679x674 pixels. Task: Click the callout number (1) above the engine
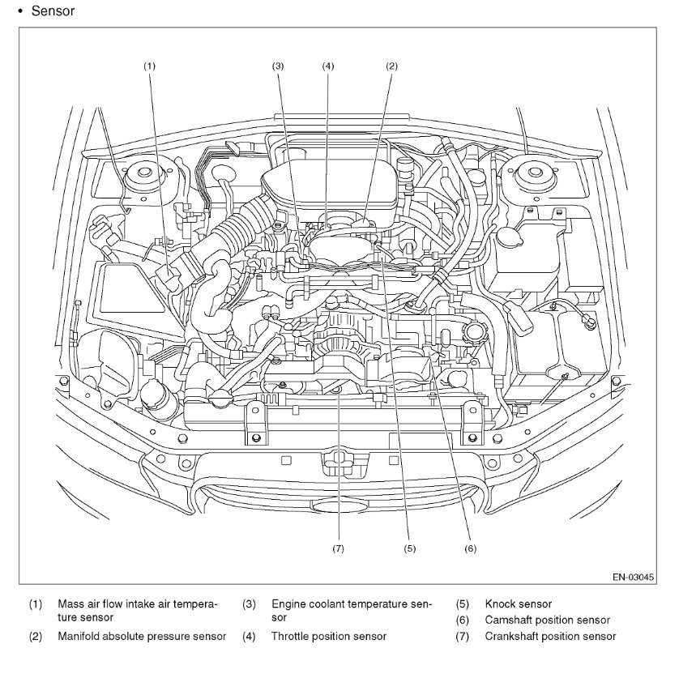pyautogui.click(x=149, y=65)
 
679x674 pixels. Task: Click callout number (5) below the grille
pyautogui.click(x=410, y=548)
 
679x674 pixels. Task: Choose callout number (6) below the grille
pyautogui.click(x=469, y=548)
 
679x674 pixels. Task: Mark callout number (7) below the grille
pyautogui.click(x=339, y=548)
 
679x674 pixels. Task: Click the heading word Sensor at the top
pyautogui.click(x=53, y=11)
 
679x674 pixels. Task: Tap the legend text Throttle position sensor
pyautogui.click(x=328, y=636)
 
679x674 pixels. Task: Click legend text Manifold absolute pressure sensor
pyautogui.click(x=142, y=636)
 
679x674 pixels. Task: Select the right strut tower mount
pyautogui.click(x=534, y=173)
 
